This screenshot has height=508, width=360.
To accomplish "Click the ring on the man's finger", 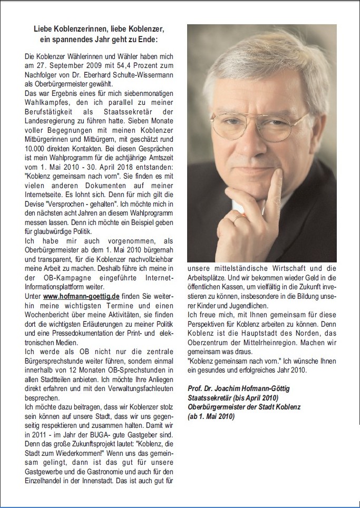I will click(240, 217).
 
